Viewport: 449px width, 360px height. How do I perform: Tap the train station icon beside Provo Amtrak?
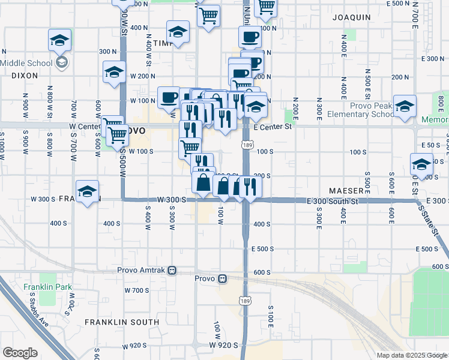[x=172, y=271]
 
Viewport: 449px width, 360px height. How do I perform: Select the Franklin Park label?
[x=48, y=287]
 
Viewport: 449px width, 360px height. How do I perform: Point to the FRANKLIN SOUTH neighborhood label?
[x=122, y=322]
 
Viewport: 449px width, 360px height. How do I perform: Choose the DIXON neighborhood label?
[x=24, y=76]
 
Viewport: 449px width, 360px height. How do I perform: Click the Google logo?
[x=20, y=353]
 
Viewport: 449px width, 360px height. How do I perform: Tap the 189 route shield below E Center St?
[x=246, y=144]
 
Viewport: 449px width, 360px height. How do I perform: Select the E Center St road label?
[x=272, y=127]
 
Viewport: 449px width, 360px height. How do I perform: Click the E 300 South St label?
[x=333, y=202]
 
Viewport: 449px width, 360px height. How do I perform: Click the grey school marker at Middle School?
[x=61, y=62]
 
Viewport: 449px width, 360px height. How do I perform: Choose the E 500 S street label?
[x=262, y=248]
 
